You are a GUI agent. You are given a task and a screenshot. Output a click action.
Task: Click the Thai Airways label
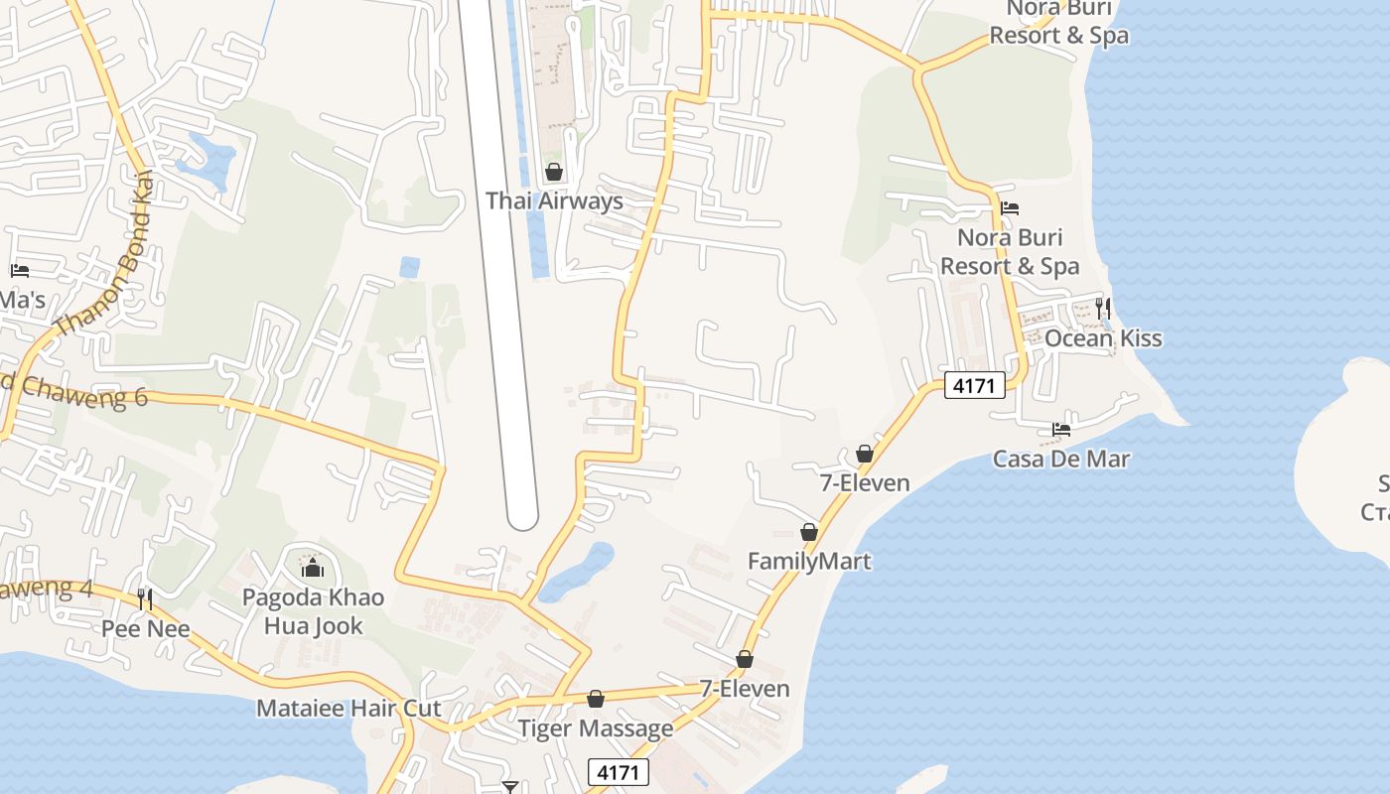[x=554, y=200]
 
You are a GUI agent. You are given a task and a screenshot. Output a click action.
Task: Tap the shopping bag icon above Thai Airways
[x=554, y=172]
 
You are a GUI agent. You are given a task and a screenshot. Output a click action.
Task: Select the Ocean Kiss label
[x=1102, y=338]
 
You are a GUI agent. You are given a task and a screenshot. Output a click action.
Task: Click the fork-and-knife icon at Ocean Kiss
[x=1102, y=309]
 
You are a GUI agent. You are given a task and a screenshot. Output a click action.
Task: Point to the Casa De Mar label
[x=1060, y=459]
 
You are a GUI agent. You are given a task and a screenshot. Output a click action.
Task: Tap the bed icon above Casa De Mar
[x=1061, y=430]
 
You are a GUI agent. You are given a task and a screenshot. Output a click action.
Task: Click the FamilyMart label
[x=809, y=561]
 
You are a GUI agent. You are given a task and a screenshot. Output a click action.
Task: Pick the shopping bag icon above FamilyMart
[x=809, y=532]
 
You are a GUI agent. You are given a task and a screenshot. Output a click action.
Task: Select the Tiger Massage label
[x=596, y=728]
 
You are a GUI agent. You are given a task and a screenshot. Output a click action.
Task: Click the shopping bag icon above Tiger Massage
[x=596, y=700]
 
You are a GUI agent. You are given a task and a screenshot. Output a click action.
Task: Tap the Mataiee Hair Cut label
[x=348, y=708]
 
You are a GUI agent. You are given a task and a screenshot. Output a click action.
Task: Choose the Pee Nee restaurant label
[x=146, y=628]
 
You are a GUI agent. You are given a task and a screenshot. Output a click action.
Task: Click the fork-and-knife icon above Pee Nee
[x=146, y=598]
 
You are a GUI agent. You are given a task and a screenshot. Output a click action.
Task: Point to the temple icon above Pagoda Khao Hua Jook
[x=313, y=568]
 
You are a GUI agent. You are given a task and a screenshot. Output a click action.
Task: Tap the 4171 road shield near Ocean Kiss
[x=974, y=385]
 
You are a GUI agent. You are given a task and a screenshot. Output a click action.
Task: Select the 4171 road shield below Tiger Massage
[x=619, y=771]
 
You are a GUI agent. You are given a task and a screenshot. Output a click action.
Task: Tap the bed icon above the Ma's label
[x=19, y=270]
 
